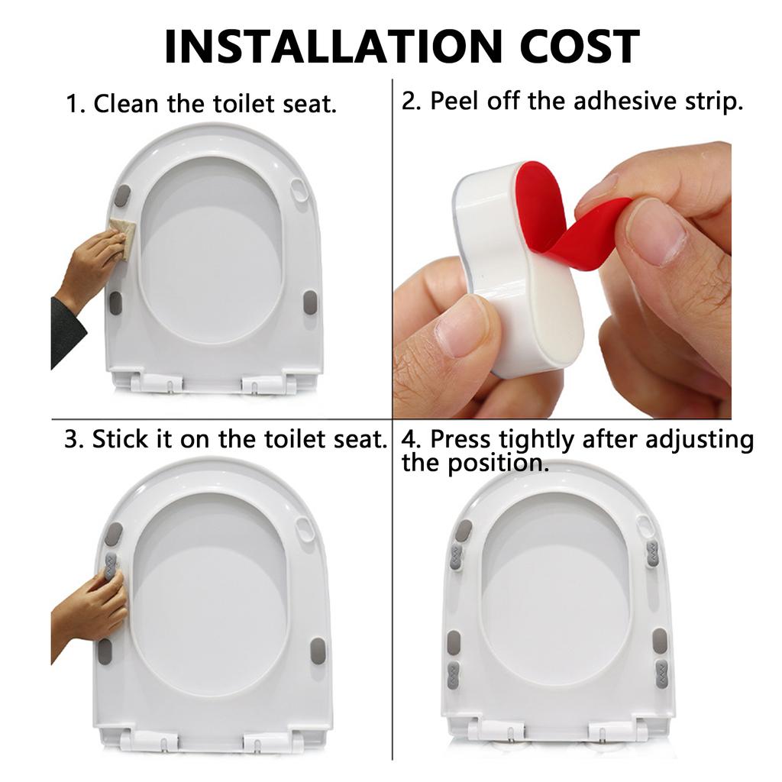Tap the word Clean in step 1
[127, 105]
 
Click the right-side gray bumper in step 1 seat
[310, 302]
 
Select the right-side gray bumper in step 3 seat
[317, 651]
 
